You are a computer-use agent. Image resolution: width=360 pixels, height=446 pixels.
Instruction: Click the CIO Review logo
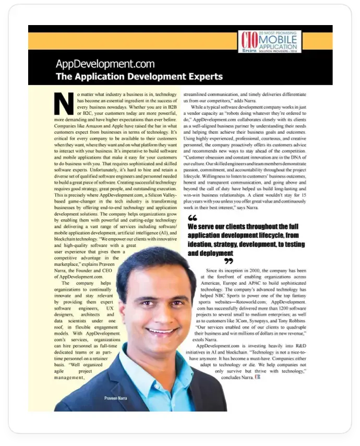pos(248,41)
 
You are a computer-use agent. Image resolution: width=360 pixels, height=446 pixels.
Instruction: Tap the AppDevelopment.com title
pos(105,64)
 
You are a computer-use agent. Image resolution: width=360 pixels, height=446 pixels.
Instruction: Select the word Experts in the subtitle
pos(203,77)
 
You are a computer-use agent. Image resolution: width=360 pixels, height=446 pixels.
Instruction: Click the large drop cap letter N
pos(63,102)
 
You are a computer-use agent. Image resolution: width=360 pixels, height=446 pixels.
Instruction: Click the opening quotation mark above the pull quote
pos(192,218)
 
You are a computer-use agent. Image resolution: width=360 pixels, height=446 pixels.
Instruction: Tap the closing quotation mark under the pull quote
pos(229,261)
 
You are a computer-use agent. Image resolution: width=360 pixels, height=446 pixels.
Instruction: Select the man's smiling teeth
pos(159,330)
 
